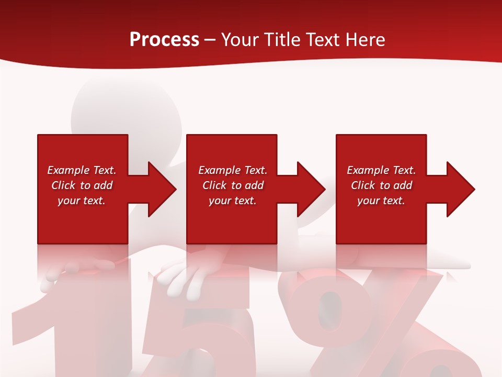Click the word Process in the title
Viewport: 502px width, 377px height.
[x=164, y=40]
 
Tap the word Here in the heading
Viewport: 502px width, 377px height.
[x=365, y=40]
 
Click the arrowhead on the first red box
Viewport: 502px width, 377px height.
[x=159, y=189]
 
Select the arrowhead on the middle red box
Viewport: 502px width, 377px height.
[x=309, y=189]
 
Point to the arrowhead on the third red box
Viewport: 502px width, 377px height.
[x=459, y=189]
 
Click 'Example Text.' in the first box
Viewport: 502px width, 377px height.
[x=82, y=170]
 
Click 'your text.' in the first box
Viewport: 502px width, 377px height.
[x=82, y=201]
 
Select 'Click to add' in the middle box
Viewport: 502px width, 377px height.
[x=233, y=185]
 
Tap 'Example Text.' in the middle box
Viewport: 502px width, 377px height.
[x=233, y=170]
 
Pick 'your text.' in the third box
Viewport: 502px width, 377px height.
[x=381, y=201]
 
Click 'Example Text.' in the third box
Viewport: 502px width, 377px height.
[x=381, y=170]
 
